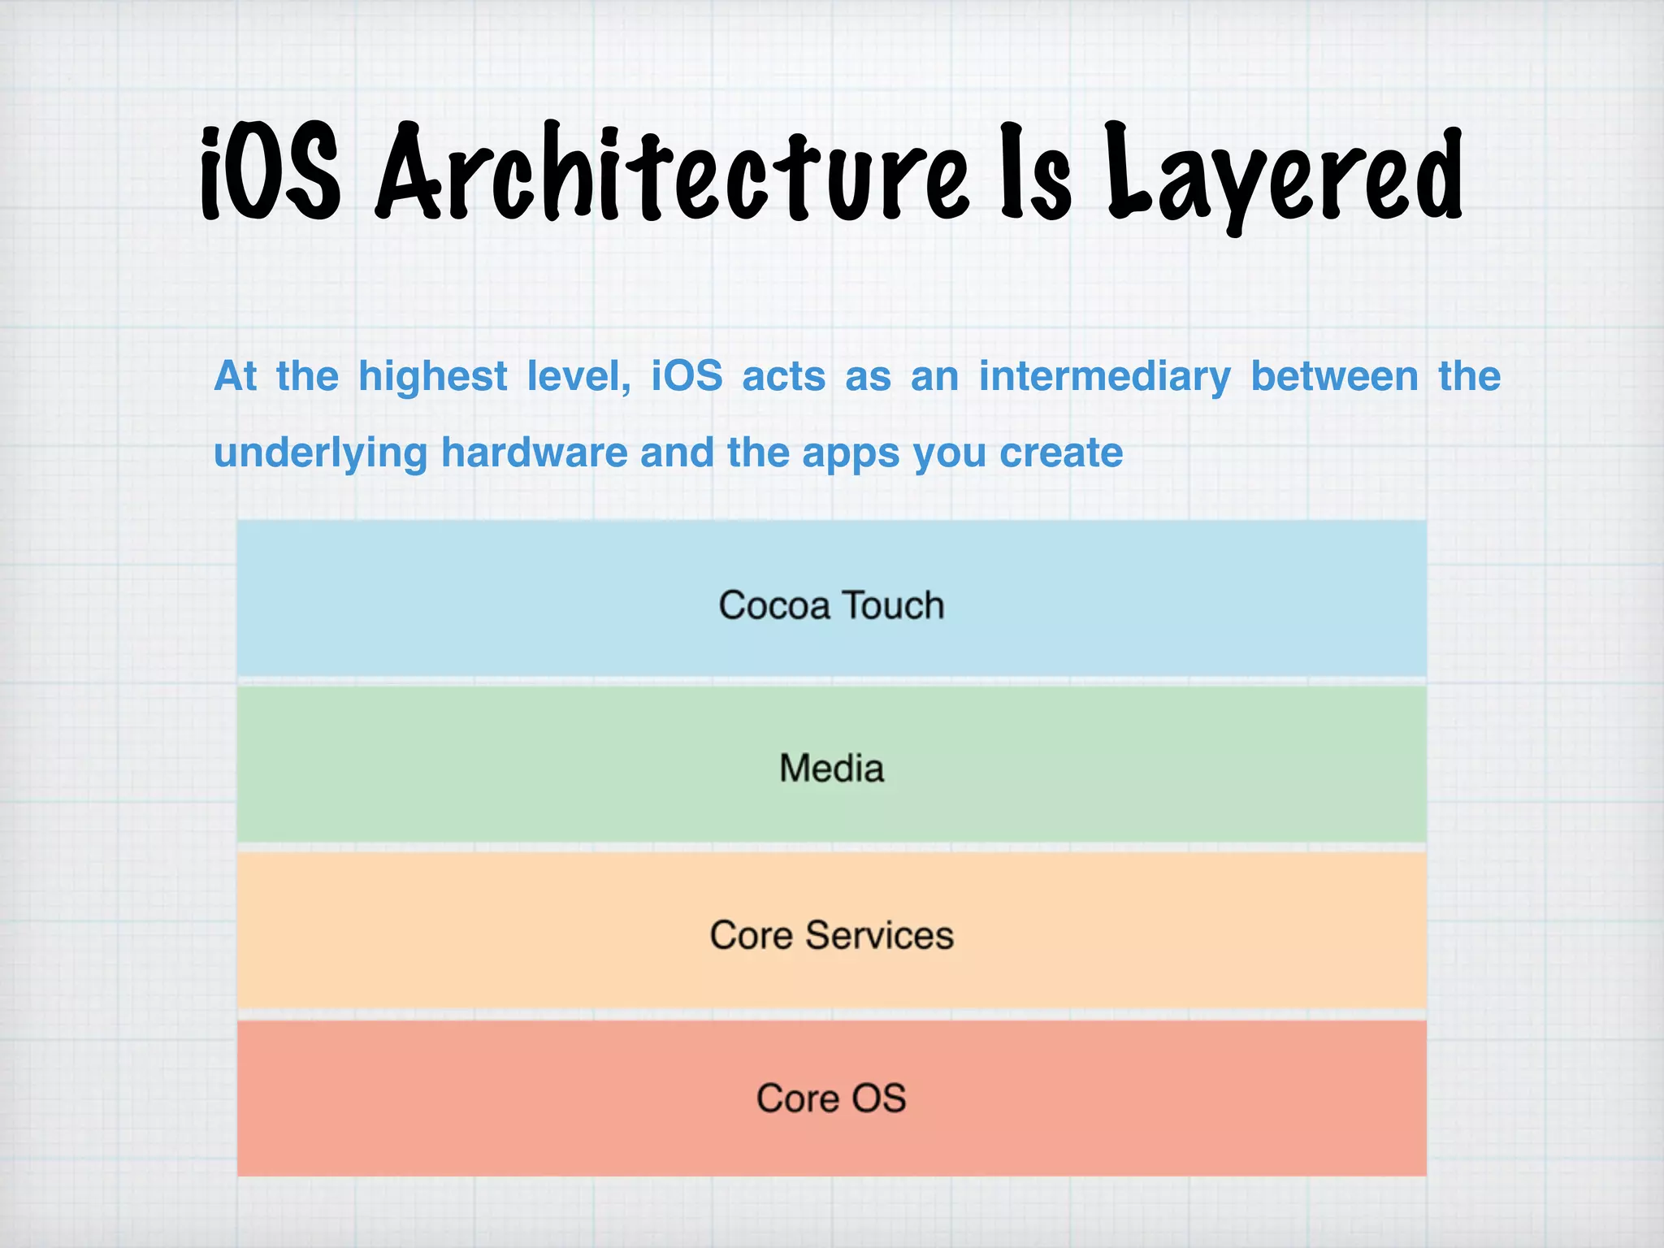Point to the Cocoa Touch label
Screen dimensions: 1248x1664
coord(831,606)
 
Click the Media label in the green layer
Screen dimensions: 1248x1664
coord(831,769)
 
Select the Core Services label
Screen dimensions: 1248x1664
coord(831,935)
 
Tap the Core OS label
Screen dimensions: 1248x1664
coord(831,1098)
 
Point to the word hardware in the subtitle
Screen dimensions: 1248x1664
coord(534,453)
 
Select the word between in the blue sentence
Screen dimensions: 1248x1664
coord(1334,377)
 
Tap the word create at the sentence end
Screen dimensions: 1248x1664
coord(1060,453)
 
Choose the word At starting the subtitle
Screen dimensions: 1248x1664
coord(235,377)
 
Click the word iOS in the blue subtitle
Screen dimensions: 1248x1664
coord(687,377)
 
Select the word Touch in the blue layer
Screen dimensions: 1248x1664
coord(892,606)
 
